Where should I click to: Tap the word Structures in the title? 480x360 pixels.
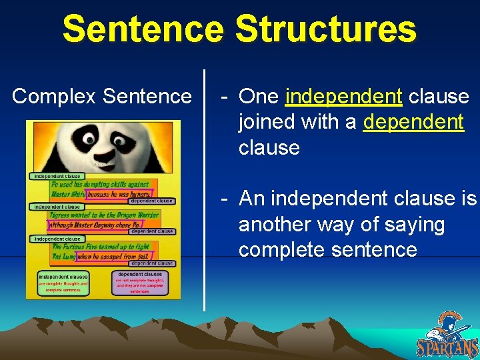[325, 29]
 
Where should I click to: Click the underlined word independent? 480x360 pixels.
[343, 97]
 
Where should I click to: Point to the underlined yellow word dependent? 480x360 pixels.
[413, 122]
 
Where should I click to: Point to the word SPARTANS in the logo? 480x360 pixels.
[447, 347]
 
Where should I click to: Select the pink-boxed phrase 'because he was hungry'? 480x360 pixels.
[111, 195]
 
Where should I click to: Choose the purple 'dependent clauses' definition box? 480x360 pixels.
[140, 283]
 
